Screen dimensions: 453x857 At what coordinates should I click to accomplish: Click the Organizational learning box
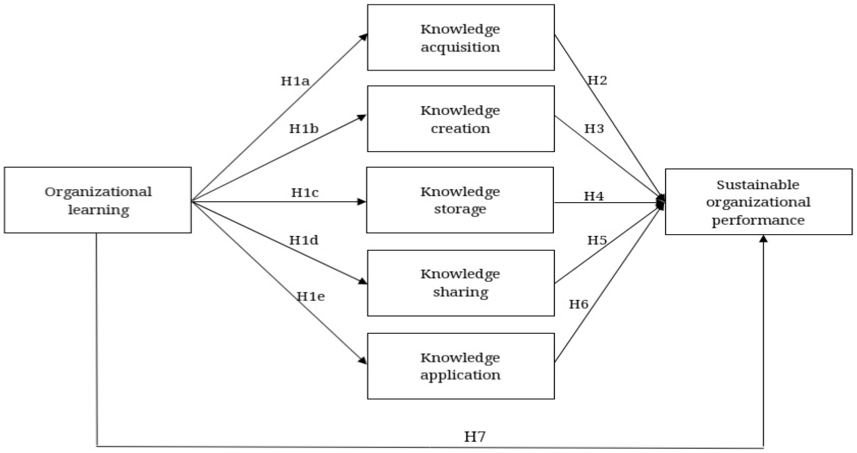tap(98, 200)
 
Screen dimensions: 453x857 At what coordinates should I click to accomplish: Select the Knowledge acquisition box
tap(461, 38)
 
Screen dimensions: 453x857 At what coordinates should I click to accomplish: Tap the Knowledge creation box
tap(461, 119)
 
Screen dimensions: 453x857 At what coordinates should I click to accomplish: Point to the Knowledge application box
tap(461, 366)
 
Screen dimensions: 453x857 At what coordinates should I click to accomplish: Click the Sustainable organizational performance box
tap(758, 202)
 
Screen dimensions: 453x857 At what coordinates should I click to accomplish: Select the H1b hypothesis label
tap(304, 129)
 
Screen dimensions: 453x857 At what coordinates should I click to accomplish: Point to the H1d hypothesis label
tap(304, 240)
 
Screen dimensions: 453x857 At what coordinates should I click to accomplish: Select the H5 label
tap(597, 240)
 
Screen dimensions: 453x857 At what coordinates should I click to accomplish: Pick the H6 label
tap(579, 304)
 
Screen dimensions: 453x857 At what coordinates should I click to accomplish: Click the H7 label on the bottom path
tap(475, 436)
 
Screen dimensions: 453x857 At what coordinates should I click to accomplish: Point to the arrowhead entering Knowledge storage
tap(362, 202)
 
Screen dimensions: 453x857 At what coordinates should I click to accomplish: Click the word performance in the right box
tap(758, 220)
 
